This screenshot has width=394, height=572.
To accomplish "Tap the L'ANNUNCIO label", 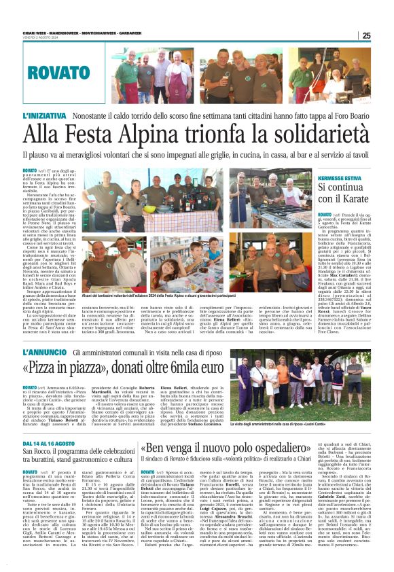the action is pos(44,352).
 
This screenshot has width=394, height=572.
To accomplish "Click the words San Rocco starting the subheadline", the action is pos(36,451).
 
